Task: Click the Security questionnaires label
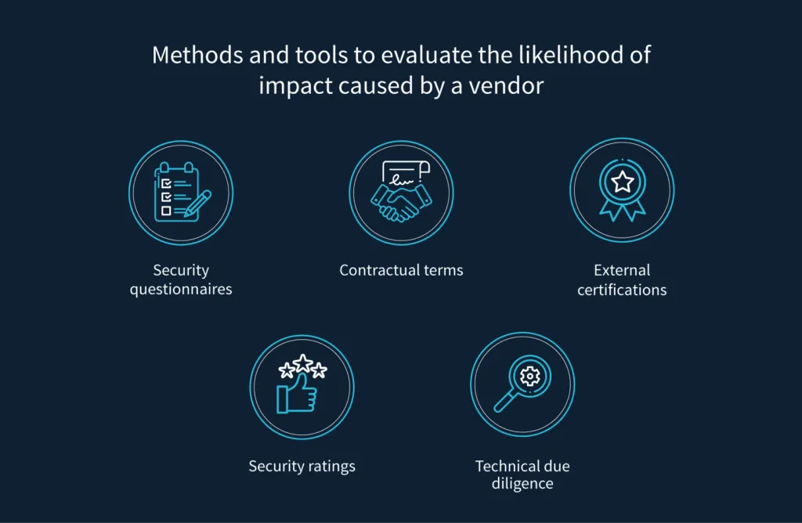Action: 181,280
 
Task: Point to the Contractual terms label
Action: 401,270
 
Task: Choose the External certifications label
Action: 622,280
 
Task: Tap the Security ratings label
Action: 302,466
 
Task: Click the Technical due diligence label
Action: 522,474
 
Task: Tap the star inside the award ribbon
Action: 622,182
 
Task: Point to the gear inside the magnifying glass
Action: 530,377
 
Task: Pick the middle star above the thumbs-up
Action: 302,362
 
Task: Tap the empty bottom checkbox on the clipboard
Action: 165,210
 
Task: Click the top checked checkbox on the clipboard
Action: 165,183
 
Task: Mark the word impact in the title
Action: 290,85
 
